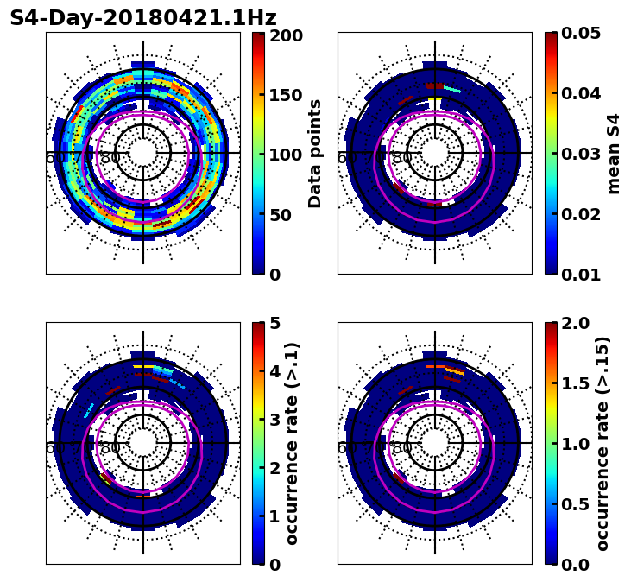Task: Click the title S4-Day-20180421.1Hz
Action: pos(143,18)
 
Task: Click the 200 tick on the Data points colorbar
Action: pos(286,35)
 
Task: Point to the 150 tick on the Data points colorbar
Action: pos(286,95)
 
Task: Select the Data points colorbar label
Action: pos(315,153)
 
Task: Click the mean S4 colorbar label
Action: pos(614,153)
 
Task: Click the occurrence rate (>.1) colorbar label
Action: pos(293,443)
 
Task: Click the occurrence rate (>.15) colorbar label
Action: pos(603,443)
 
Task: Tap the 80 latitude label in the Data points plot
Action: pos(110,158)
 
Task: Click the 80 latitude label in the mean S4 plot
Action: pos(402,158)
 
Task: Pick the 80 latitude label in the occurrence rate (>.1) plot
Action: pos(110,448)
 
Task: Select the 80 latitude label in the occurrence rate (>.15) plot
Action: pos(402,448)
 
